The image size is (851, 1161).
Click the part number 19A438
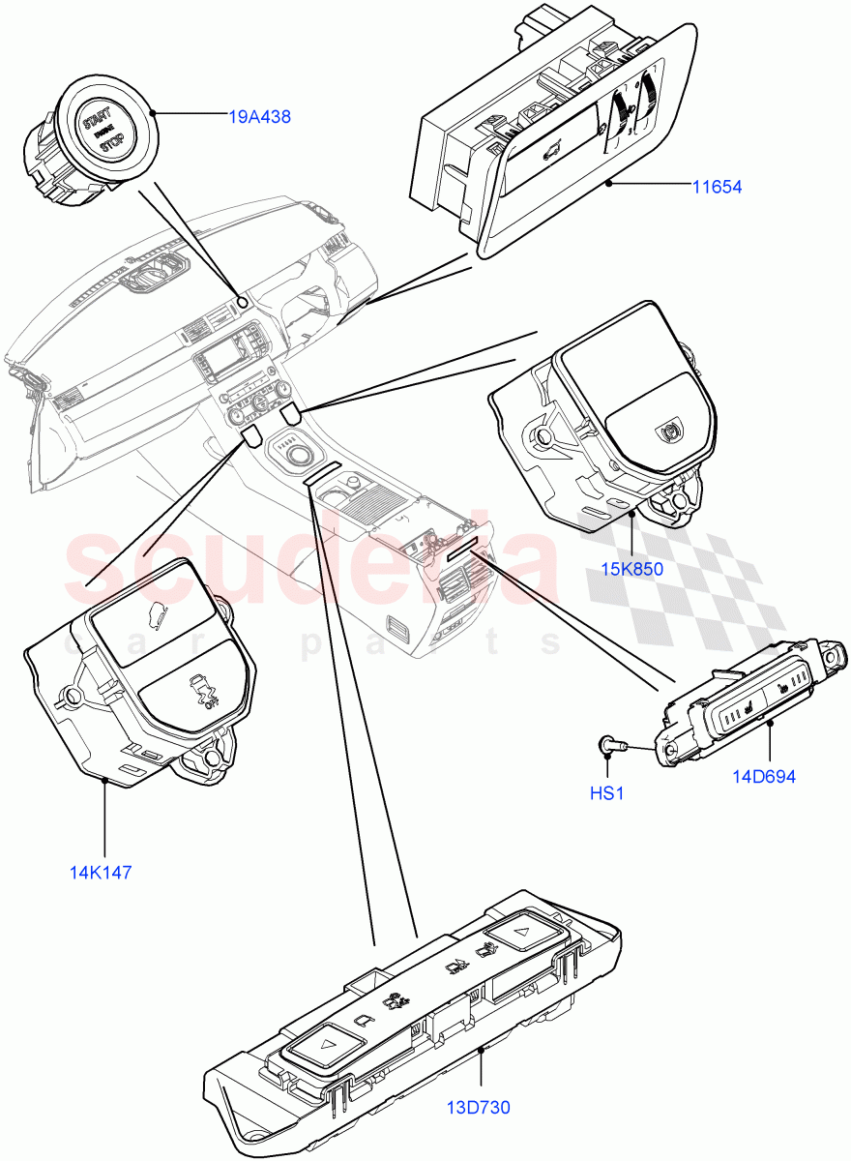pyautogui.click(x=259, y=117)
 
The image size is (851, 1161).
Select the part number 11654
pyautogui.click(x=716, y=187)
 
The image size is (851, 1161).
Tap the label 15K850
pyautogui.click(x=631, y=569)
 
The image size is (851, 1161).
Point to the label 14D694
pyautogui.click(x=763, y=777)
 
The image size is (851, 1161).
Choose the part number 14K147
pyautogui.click(x=100, y=872)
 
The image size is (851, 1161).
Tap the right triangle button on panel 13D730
pyautogui.click(x=519, y=934)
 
